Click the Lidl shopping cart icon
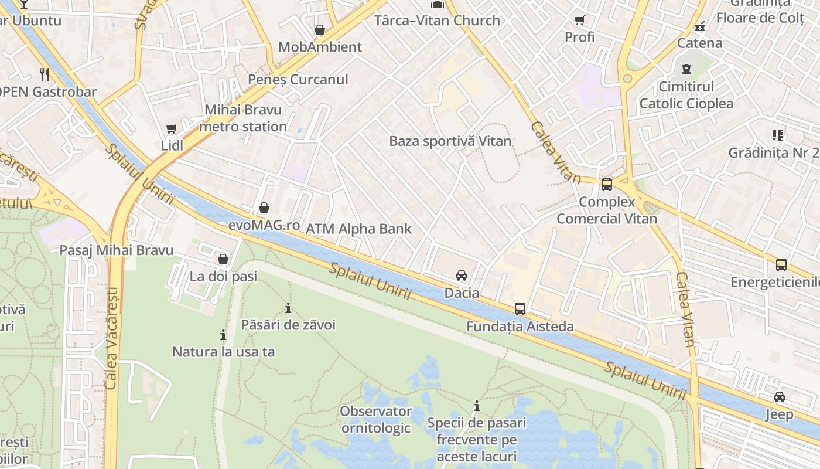(171, 129)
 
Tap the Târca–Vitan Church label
(437, 21)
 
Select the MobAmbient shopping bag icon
(320, 30)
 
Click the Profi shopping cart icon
(580, 21)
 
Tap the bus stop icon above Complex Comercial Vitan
(607, 185)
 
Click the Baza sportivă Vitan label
(450, 141)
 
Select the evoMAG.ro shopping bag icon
(264, 208)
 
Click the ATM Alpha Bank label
(359, 229)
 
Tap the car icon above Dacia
(462, 276)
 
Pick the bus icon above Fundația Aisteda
(520, 309)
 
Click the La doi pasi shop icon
(223, 259)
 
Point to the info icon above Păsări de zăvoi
(288, 308)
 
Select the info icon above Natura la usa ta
(223, 335)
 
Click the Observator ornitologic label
(376, 420)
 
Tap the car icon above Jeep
(780, 397)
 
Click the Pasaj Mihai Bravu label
(117, 250)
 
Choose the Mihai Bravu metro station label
(243, 118)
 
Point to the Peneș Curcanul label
(298, 80)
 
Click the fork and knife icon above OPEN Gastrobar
(45, 74)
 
